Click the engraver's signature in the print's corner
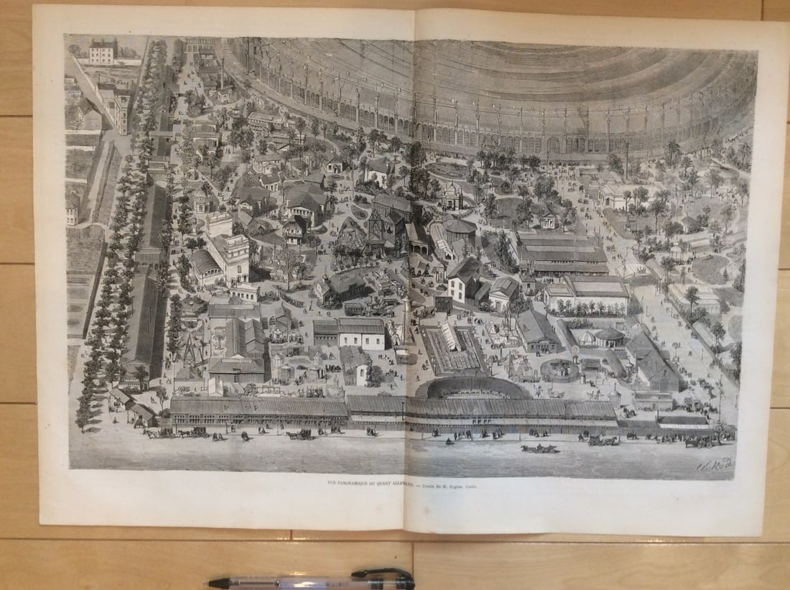(715, 466)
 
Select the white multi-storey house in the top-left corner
(103, 51)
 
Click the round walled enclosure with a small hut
(560, 369)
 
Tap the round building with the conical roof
(610, 336)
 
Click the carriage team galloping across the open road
(539, 448)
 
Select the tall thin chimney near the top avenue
(222, 72)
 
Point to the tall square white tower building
(234, 256)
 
